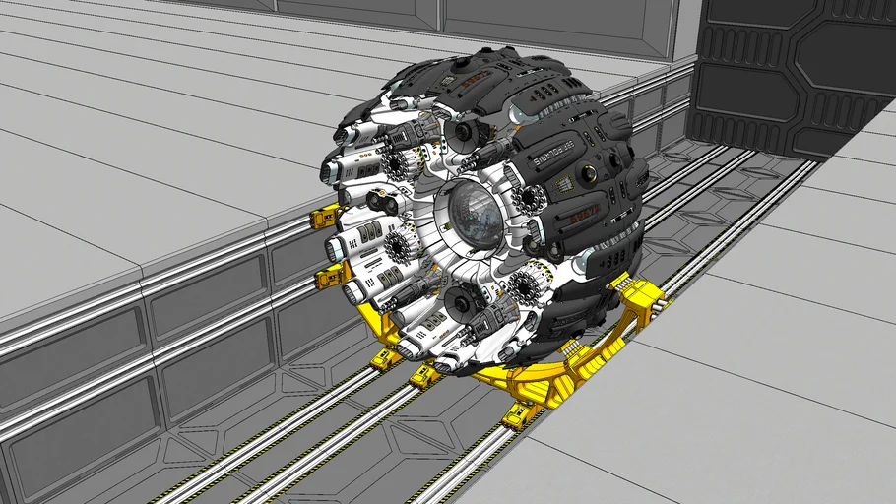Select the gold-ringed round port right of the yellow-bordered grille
click(589, 175)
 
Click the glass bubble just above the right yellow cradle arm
click(584, 263)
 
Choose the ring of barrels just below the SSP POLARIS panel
click(529, 199)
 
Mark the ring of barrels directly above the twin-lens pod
click(400, 164)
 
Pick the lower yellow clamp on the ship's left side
click(327, 279)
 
